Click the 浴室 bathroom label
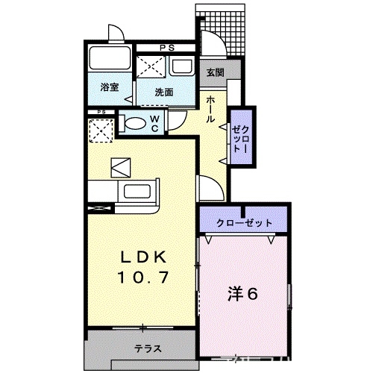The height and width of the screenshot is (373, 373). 110,87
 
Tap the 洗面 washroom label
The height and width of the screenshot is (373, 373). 164,93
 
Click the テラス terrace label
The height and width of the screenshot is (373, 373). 146,348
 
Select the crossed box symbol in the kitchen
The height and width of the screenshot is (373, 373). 120,166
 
